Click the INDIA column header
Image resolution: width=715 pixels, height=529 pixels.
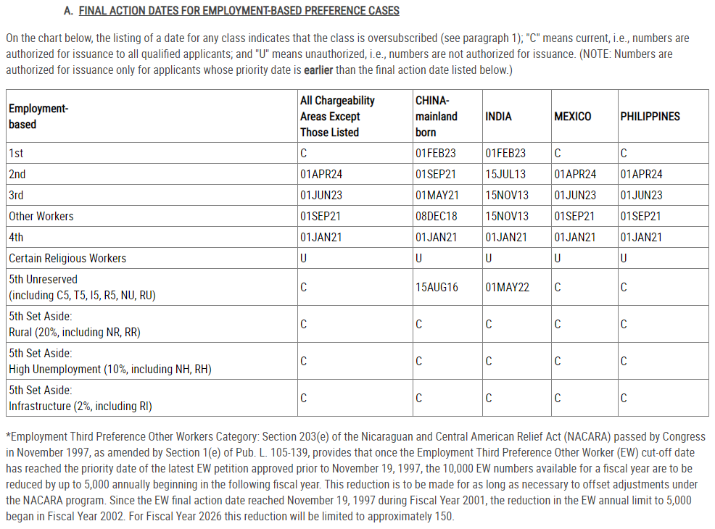pyautogui.click(x=498, y=117)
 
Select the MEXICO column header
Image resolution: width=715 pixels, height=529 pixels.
pyautogui.click(x=572, y=117)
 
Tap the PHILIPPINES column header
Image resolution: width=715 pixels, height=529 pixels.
pyautogui.click(x=650, y=117)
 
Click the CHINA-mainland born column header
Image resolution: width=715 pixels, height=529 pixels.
pyautogui.click(x=437, y=117)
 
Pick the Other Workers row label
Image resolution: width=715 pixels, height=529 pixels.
pyautogui.click(x=41, y=217)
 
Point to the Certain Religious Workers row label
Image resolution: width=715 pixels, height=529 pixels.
pyautogui.click(x=67, y=259)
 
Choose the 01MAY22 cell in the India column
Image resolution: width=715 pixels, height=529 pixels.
pyautogui.click(x=507, y=288)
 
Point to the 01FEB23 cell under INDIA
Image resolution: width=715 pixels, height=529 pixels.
pyautogui.click(x=505, y=154)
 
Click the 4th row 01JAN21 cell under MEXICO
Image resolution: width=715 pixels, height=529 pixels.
pyautogui.click(x=575, y=238)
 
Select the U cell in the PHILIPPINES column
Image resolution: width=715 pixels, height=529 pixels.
pyautogui.click(x=624, y=259)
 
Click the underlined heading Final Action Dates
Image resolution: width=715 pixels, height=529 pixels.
pyautogui.click(x=239, y=11)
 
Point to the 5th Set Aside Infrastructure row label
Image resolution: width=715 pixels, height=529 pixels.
pyautogui.click(x=80, y=399)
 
